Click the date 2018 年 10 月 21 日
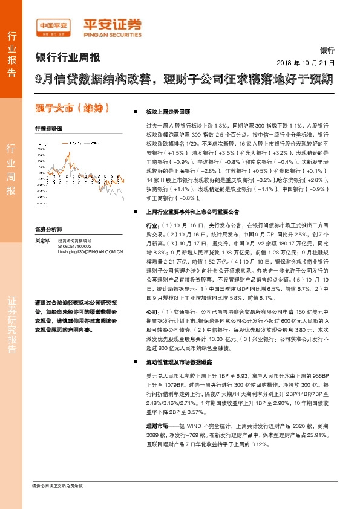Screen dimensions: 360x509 [x=306, y=63]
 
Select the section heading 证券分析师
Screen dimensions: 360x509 [x=48, y=230]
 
